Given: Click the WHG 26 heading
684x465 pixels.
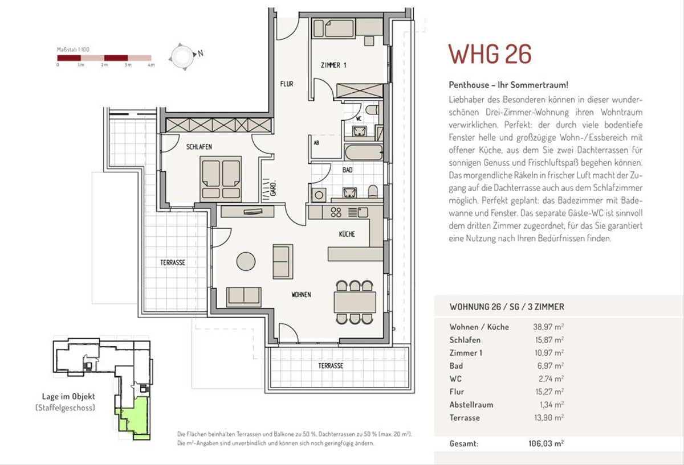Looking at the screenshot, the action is click(x=490, y=54).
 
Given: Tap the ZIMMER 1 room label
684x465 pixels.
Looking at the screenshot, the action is click(x=333, y=65).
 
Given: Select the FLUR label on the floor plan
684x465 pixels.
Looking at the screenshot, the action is click(x=287, y=84).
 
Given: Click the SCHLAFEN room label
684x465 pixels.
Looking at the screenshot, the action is click(x=199, y=147).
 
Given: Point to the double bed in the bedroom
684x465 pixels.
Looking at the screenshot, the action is click(x=221, y=179).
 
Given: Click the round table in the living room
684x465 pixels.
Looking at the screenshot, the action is click(x=246, y=261).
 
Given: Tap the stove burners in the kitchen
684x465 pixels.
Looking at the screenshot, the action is click(x=336, y=212).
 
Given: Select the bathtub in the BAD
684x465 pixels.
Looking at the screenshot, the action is click(x=364, y=152).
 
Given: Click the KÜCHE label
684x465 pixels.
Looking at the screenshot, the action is click(x=347, y=234).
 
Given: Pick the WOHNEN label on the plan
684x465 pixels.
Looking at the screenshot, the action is click(x=301, y=295).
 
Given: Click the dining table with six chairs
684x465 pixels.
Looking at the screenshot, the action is click(x=355, y=302).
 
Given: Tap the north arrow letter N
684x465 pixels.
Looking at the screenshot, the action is click(x=200, y=54).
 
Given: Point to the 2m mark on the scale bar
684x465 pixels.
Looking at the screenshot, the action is click(x=104, y=65).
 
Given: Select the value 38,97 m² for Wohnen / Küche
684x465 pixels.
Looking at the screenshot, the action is click(x=548, y=327).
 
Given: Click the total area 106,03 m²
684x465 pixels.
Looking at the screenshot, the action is click(x=546, y=443).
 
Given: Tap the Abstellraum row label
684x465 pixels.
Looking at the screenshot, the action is click(x=471, y=405).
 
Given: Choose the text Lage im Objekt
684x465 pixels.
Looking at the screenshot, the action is click(x=68, y=396).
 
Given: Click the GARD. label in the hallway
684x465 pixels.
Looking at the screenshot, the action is click(x=274, y=189).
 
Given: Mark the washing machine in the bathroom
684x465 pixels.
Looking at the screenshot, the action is click(x=319, y=195).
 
